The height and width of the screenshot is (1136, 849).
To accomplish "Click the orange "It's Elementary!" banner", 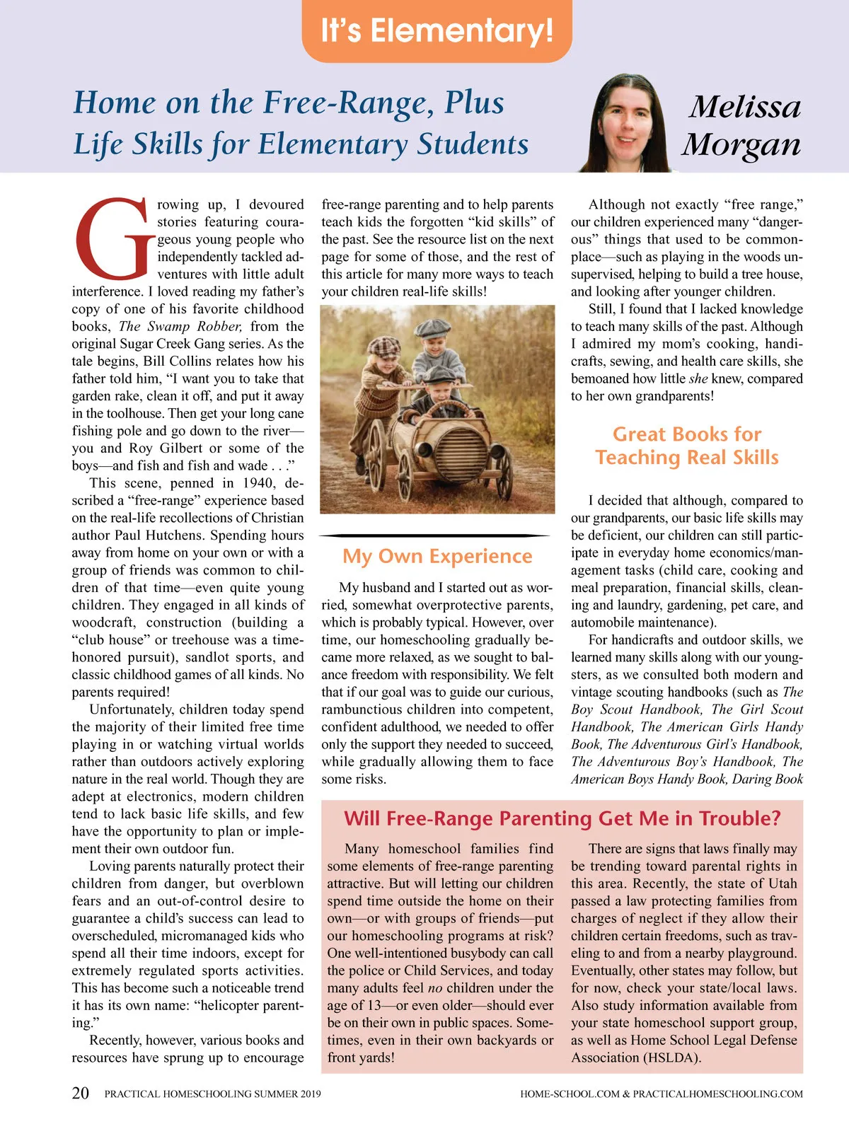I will click(x=437, y=31).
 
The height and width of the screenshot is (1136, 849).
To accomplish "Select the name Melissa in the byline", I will click(x=744, y=107).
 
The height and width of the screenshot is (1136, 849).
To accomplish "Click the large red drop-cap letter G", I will click(x=112, y=239).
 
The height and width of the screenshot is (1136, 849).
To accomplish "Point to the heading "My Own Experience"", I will click(x=437, y=556).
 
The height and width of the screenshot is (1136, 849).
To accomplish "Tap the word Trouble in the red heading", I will click(x=737, y=818).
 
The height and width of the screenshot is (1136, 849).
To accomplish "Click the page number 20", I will click(x=81, y=1093).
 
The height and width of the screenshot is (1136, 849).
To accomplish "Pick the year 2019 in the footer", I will click(x=310, y=1094).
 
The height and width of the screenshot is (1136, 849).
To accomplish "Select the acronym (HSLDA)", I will click(x=672, y=1057).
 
